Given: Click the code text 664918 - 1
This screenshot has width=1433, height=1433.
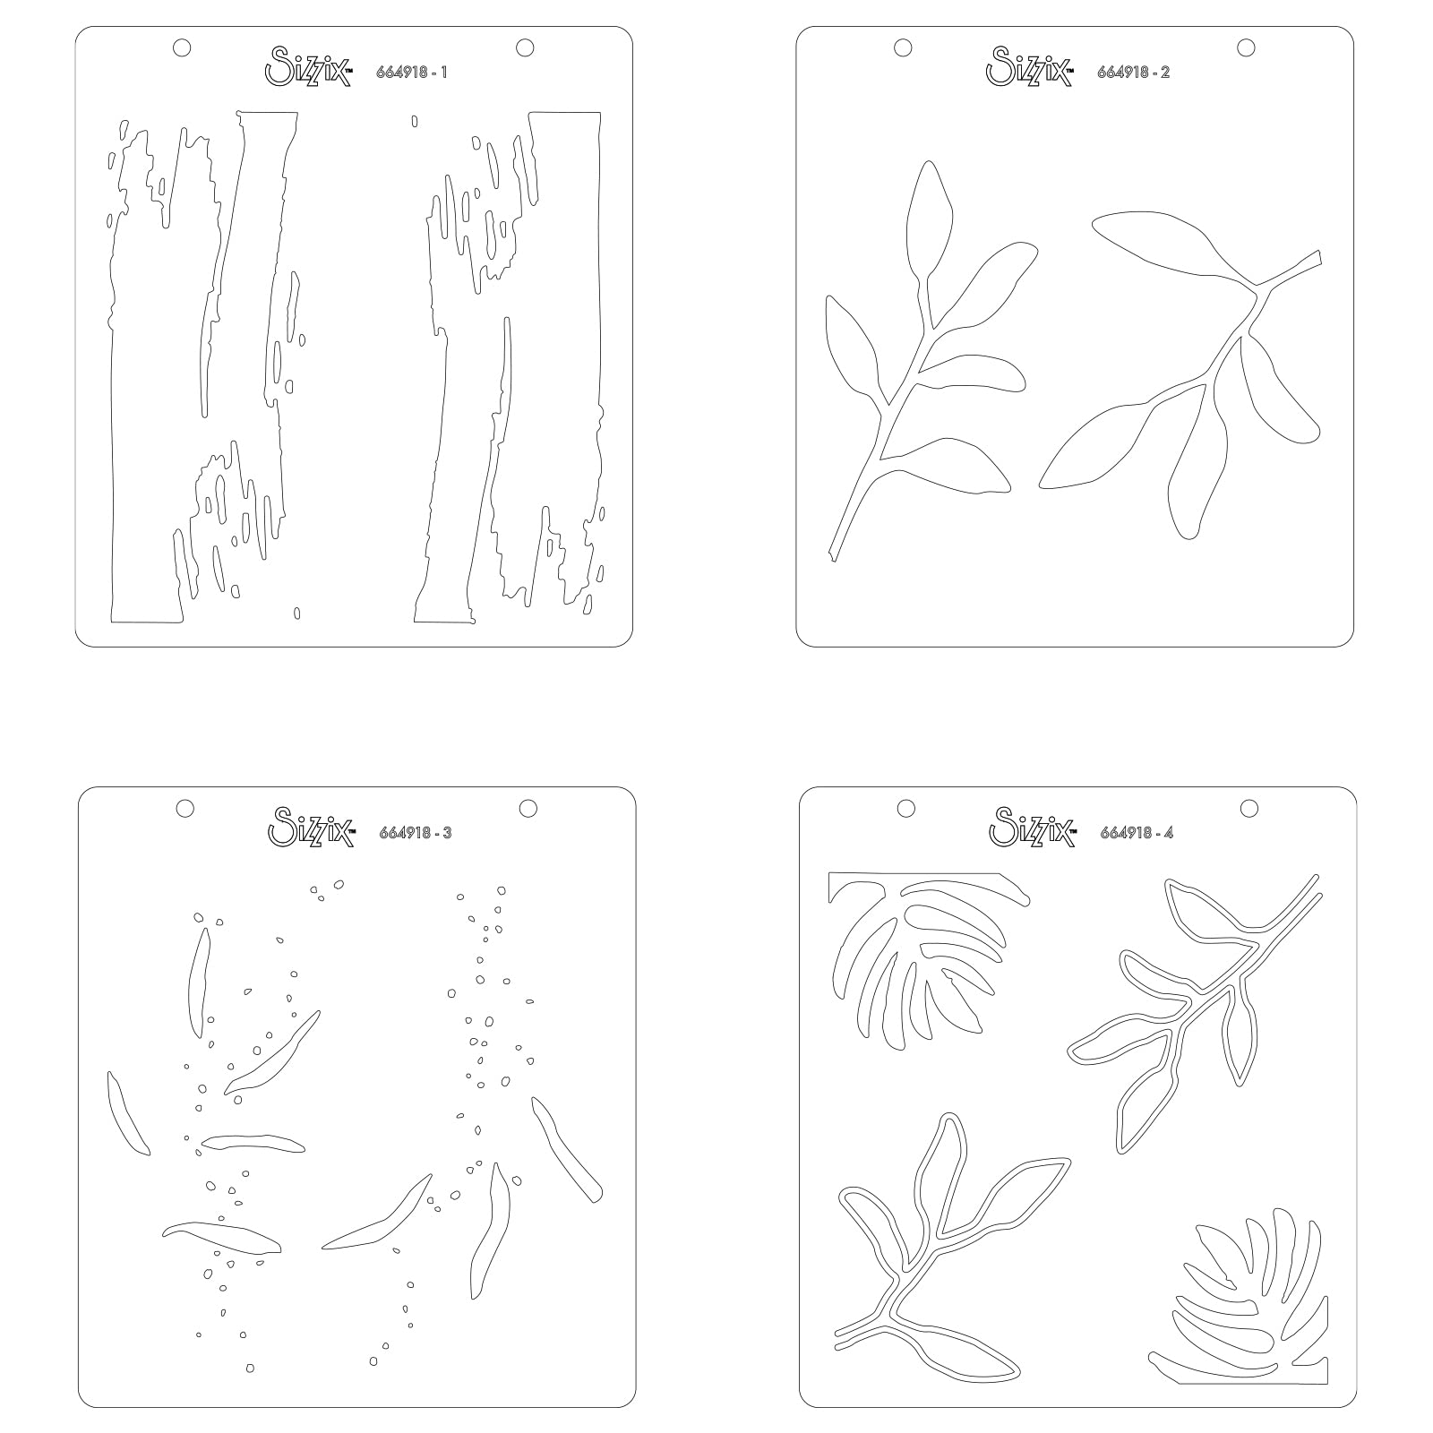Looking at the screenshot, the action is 412,73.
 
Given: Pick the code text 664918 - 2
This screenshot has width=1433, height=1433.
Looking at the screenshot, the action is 1134,73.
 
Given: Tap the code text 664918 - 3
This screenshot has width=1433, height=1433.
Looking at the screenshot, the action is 416,833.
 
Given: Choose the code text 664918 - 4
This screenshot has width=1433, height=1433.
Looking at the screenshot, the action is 1137,833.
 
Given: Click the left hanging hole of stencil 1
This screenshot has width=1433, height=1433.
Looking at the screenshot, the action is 182,47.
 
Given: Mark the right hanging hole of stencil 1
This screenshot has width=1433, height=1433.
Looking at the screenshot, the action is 525,47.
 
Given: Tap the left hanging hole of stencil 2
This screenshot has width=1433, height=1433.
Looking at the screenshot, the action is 903,47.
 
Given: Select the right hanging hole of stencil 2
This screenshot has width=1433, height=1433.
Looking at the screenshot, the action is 1246,47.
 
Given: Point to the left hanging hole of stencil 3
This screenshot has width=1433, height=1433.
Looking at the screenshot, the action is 184,808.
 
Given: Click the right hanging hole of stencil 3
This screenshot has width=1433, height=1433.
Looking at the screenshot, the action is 528,808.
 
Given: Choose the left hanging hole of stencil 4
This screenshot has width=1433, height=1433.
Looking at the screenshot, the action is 905,808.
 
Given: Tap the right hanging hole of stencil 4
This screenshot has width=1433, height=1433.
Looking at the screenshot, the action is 1249,808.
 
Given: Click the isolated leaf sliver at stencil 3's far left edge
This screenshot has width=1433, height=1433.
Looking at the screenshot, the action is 126,1112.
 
